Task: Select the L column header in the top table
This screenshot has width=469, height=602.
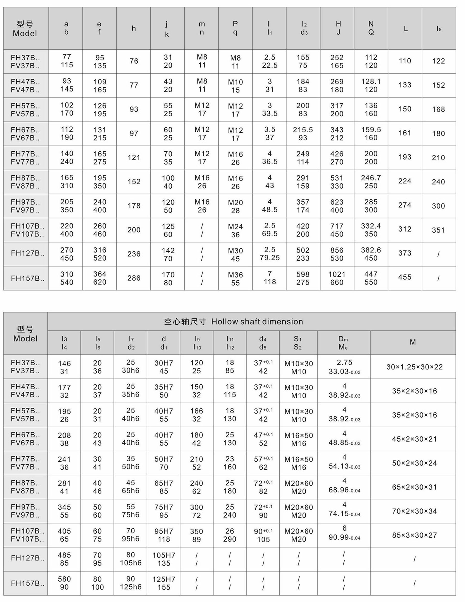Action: pos(405,29)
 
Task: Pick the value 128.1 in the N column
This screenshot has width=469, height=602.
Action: pos(371,81)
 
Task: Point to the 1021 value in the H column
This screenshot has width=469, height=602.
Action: pos(337,274)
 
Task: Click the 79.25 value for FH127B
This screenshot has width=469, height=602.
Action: pos(270,258)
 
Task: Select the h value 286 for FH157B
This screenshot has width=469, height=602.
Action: pos(134,278)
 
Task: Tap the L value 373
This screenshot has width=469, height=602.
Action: pos(405,253)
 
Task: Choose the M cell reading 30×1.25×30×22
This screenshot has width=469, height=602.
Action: pos(414,367)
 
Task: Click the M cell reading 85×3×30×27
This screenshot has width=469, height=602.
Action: pos(414,535)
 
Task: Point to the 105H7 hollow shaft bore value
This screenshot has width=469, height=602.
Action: pos(164,555)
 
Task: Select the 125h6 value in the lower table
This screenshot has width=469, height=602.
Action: pos(131,587)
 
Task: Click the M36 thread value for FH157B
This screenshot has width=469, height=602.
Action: pos(235,275)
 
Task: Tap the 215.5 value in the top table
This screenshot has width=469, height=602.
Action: pos(303,129)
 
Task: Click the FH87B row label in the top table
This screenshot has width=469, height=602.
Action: pos(25,178)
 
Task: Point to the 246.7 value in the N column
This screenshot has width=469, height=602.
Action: pos(371,178)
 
